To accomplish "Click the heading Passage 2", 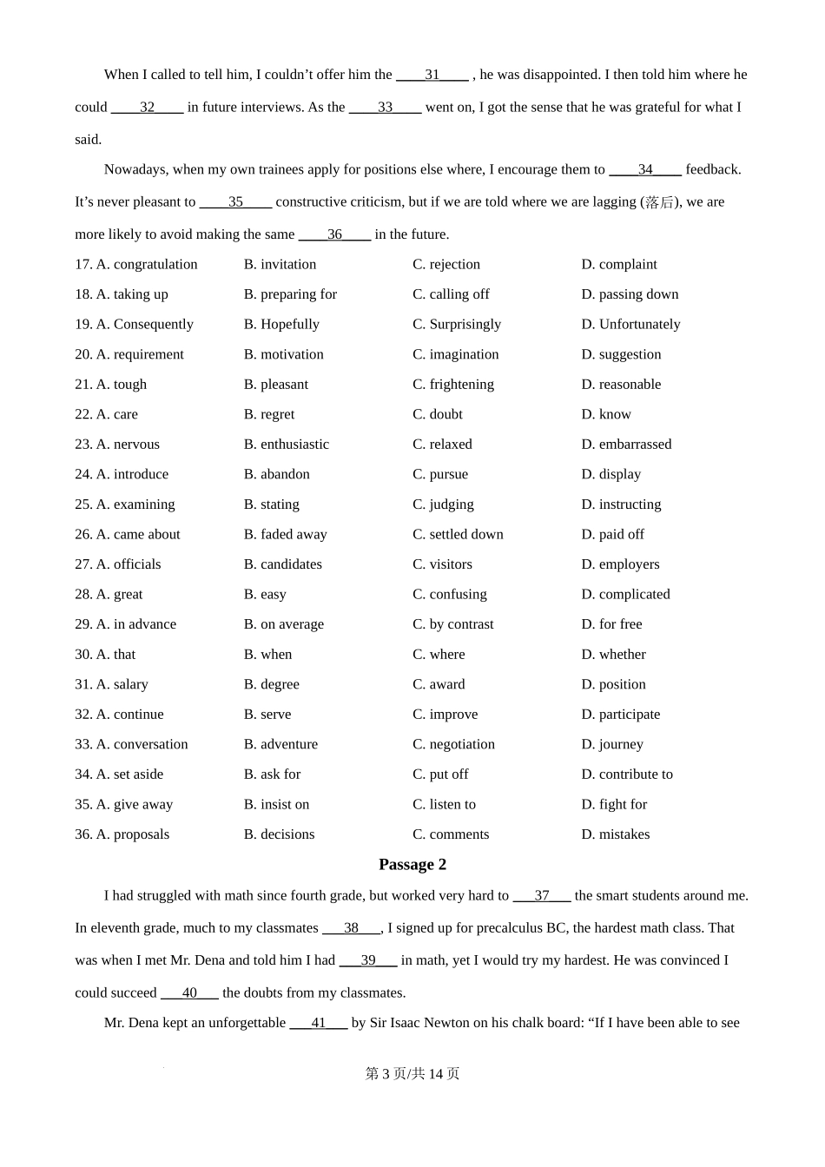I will (412, 865).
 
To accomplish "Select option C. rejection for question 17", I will (446, 264).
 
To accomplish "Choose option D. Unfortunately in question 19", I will (630, 324).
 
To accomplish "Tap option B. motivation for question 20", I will (283, 354).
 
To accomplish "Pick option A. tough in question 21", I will (121, 384).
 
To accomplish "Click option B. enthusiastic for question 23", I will (287, 444).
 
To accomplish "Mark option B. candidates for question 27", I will (282, 564).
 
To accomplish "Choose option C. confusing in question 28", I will (450, 594).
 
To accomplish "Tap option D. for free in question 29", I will (611, 624).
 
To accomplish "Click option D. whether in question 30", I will (613, 654).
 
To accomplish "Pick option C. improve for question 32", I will (445, 715).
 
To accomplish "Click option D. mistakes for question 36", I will (615, 834).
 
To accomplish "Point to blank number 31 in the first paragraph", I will (432, 76).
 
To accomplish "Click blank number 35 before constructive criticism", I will (235, 202).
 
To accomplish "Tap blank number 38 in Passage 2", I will (351, 928).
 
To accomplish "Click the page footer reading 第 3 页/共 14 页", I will (412, 1074).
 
